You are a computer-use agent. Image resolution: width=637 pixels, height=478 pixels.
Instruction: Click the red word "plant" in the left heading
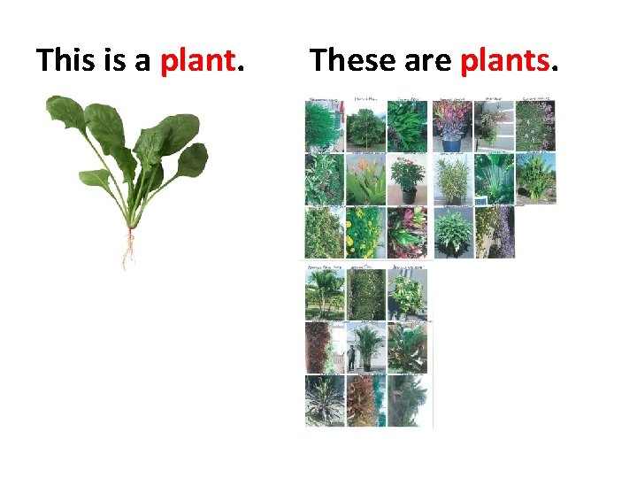[199, 60]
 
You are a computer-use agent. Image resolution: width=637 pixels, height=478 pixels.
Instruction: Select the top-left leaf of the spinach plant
[66, 112]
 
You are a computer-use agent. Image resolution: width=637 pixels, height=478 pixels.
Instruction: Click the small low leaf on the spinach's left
[94, 178]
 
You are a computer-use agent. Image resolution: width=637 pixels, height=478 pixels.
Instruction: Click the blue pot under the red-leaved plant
[450, 143]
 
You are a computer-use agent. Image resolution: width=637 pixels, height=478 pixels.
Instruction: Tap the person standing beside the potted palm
[351, 358]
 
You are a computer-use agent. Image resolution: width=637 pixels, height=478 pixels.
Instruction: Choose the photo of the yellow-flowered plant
[365, 232]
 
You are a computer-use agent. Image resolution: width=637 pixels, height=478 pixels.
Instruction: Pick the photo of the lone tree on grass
[366, 125]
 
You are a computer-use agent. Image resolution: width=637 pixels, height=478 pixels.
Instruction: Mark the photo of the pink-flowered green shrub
[536, 125]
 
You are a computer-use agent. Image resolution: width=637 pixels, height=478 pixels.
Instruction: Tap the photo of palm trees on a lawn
[324, 292]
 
